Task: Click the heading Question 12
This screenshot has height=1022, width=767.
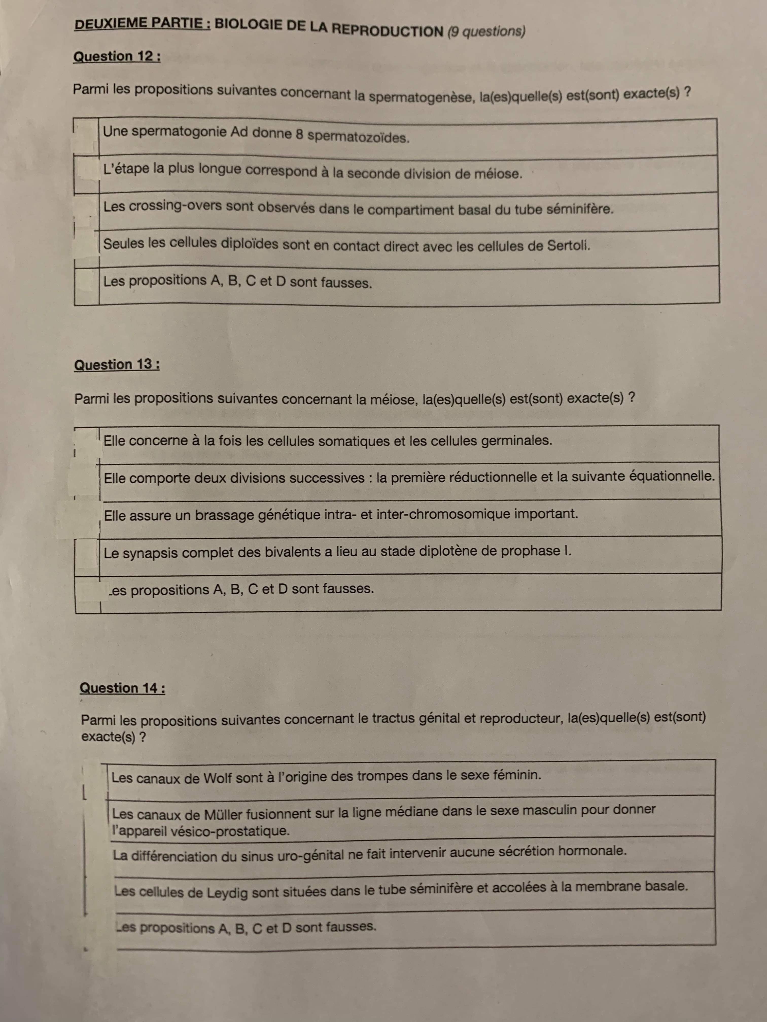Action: click(x=116, y=57)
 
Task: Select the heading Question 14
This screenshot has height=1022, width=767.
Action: click(x=122, y=688)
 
